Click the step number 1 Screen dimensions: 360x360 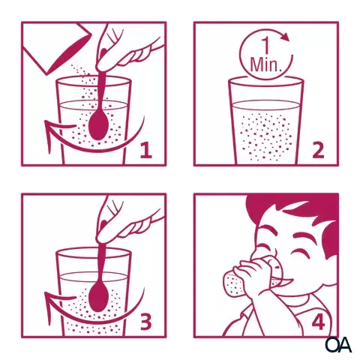(x=146, y=150)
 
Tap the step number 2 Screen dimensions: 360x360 (x=318, y=150)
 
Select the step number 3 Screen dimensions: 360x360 (x=146, y=322)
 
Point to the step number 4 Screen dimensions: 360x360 (x=318, y=322)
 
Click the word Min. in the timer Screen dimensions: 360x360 (x=264, y=64)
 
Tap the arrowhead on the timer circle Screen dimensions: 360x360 (x=285, y=37)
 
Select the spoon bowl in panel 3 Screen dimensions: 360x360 (x=98, y=297)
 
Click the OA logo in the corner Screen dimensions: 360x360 (x=338, y=345)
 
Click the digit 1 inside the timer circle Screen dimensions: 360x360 (x=266, y=46)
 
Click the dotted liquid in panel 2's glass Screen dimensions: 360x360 (x=265, y=136)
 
